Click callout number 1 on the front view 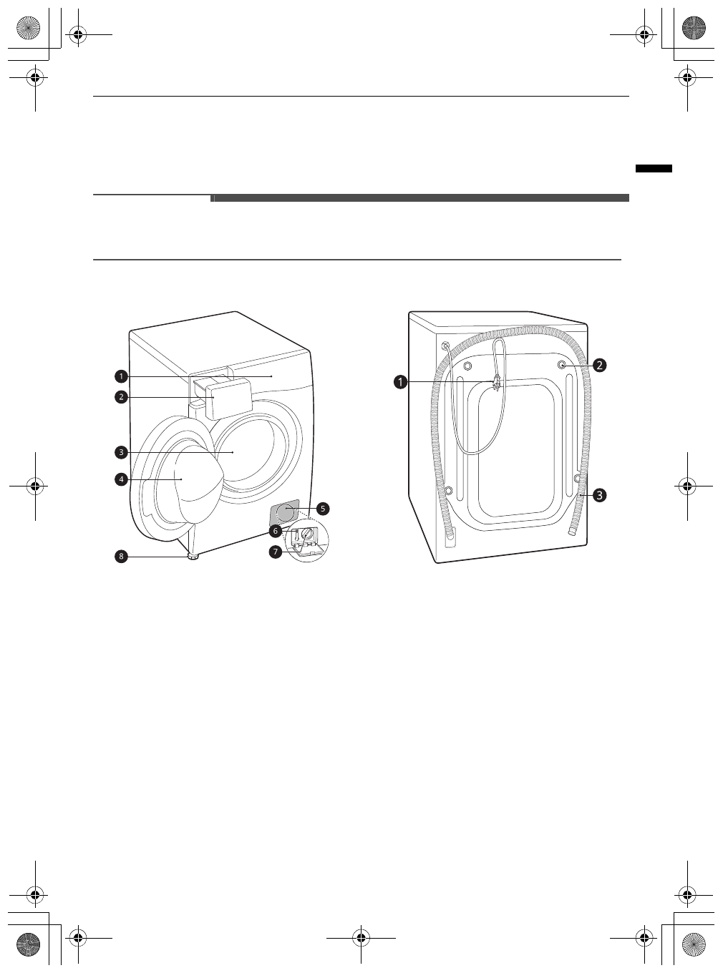(x=122, y=376)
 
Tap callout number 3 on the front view (x=122, y=452)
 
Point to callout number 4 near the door (x=122, y=479)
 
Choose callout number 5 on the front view (x=323, y=509)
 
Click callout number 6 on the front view (x=275, y=531)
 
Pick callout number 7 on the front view (x=275, y=552)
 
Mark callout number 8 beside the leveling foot (x=122, y=557)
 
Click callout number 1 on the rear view (x=401, y=382)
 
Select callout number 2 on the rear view (x=598, y=365)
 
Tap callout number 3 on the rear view (x=598, y=494)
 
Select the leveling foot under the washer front (x=192, y=557)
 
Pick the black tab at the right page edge (x=654, y=169)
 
